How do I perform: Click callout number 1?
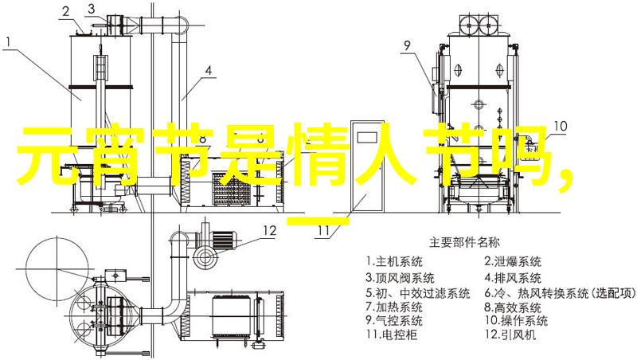tap(9, 42)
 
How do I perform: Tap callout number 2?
tap(66, 12)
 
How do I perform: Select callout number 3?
tap(92, 9)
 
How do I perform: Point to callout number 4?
tap(208, 71)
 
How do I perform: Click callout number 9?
tap(407, 45)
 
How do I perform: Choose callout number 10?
tap(561, 126)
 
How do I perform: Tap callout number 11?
tap(323, 231)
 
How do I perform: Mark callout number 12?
tap(269, 231)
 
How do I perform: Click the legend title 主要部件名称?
tap(464, 243)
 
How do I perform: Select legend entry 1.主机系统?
tap(394, 262)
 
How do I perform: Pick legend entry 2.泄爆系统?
tap(513, 262)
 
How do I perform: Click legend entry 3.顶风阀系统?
tap(401, 278)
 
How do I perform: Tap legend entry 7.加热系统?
tap(394, 307)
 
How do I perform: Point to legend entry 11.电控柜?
tap(392, 335)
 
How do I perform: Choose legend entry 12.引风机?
tap(510, 335)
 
